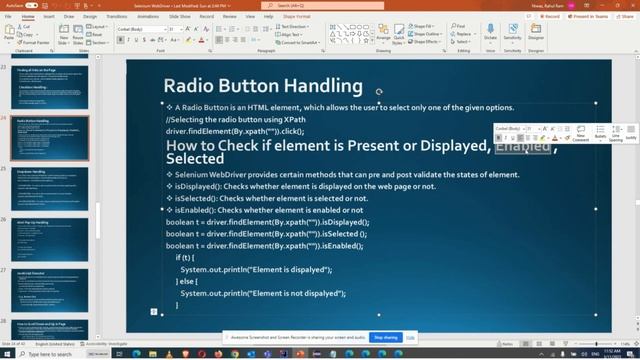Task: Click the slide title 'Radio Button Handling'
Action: pyautogui.click(x=262, y=86)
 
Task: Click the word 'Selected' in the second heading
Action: pyautogui.click(x=195, y=159)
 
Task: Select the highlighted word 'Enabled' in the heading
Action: pyautogui.click(x=523, y=147)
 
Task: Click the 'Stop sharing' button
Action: pyautogui.click(x=385, y=338)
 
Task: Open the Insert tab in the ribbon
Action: pyautogui.click(x=48, y=16)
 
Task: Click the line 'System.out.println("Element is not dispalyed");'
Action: pyautogui.click(x=263, y=293)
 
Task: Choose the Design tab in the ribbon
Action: pyautogui.click(x=90, y=16)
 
